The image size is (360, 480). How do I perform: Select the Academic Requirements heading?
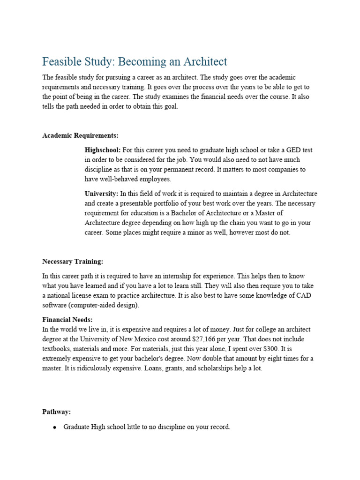[80, 135]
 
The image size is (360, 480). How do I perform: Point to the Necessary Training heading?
[73, 261]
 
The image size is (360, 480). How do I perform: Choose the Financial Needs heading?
[67, 320]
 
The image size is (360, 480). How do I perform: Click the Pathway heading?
[57, 412]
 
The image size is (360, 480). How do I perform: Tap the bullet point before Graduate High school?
[55, 427]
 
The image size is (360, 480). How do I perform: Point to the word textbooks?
[57, 349]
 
